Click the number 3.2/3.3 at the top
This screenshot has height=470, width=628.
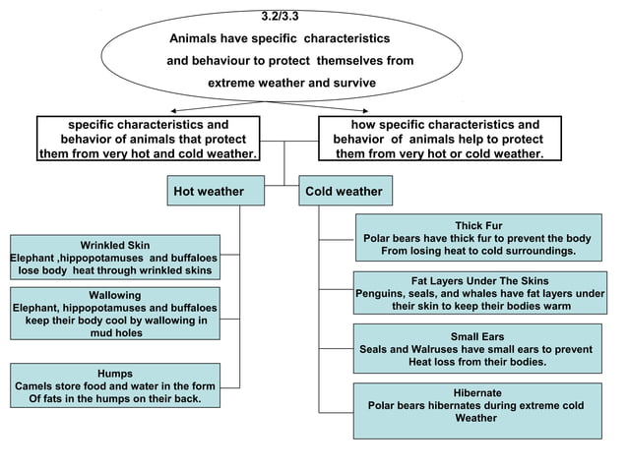pyautogui.click(x=283, y=17)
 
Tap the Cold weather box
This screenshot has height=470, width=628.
pyautogui.click(x=344, y=191)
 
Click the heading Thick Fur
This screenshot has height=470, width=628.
pyautogui.click(x=478, y=225)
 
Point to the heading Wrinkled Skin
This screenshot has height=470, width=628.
pyautogui.click(x=115, y=245)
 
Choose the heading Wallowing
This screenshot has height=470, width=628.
pyautogui.click(x=115, y=295)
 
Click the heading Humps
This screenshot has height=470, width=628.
pyautogui.click(x=115, y=374)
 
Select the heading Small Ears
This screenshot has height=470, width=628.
pyautogui.click(x=477, y=336)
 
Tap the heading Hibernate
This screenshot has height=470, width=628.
pyautogui.click(x=477, y=391)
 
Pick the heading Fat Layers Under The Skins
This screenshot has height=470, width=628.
pyautogui.click(x=479, y=280)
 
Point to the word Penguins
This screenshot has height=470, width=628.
pyautogui.click(x=383, y=293)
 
